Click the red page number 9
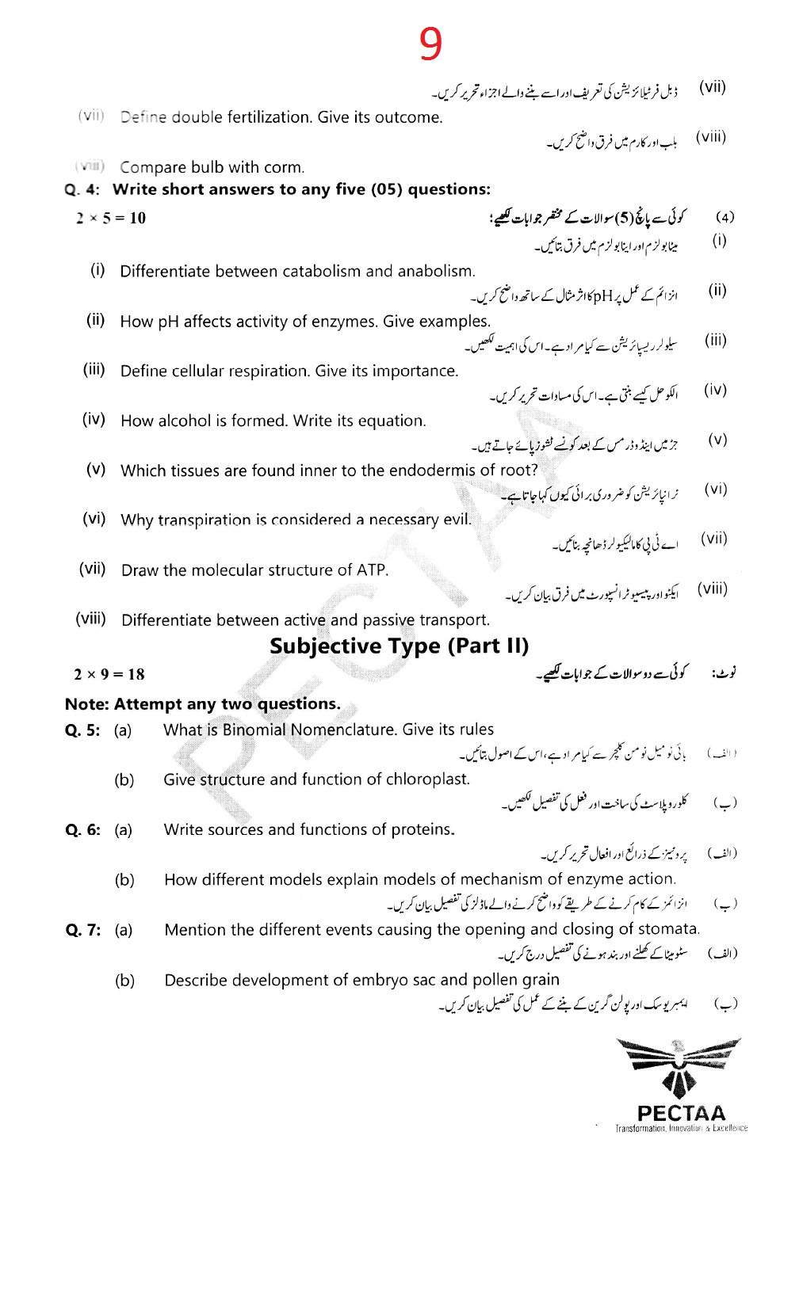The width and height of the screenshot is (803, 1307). coord(430,44)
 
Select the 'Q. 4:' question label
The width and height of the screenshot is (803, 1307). coord(82,189)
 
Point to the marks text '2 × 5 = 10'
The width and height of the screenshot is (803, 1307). coord(111,218)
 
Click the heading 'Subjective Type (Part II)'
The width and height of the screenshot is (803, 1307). coord(399,646)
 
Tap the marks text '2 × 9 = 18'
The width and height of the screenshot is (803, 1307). coord(109,674)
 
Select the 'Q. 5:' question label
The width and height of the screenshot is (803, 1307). coord(82,730)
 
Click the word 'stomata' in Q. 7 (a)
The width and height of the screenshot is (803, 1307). coord(671,929)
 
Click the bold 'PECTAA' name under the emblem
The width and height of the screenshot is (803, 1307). coord(681,1113)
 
